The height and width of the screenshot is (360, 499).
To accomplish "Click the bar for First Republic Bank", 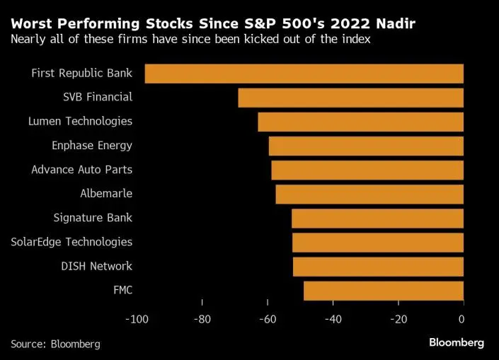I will [x=304, y=74].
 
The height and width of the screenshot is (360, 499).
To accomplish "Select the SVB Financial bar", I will [x=350, y=98].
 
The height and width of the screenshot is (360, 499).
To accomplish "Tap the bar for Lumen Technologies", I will [x=360, y=122].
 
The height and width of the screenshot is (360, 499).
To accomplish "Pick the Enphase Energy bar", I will [x=366, y=146].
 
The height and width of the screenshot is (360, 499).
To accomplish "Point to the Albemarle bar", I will [x=369, y=194].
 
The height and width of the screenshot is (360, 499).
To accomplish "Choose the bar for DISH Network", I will [x=378, y=266].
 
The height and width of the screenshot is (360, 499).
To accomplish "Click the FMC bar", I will [x=383, y=290].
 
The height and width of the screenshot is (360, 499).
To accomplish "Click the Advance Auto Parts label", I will [x=81, y=170].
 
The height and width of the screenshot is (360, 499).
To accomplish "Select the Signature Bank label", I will [x=93, y=218].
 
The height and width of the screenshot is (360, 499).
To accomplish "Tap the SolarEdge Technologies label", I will [x=71, y=242].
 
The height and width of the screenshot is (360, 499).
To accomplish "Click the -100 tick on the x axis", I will [x=137, y=319].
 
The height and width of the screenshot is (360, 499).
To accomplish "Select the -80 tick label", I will [x=202, y=319].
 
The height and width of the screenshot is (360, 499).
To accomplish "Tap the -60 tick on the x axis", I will [x=268, y=319].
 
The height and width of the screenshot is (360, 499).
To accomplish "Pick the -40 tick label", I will [x=333, y=319].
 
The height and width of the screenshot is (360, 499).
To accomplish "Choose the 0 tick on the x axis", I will [x=463, y=319].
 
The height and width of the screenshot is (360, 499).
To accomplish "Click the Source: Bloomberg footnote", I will [x=55, y=344].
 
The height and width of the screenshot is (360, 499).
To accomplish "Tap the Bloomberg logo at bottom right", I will [x=457, y=343].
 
